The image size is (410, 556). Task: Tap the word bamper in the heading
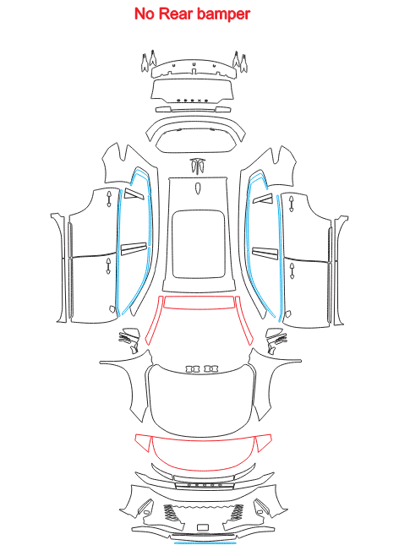[x=223, y=14]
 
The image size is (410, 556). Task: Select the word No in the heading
[x=145, y=14]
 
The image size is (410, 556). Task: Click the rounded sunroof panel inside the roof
[x=199, y=245]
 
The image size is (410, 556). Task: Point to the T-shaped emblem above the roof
[x=199, y=166]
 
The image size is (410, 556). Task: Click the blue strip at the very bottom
[x=205, y=542]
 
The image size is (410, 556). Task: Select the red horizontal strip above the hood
[x=199, y=302]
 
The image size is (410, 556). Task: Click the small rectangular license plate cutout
[x=203, y=527]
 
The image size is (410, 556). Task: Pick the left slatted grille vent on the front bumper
[x=170, y=513]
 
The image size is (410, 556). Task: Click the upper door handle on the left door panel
[x=109, y=199]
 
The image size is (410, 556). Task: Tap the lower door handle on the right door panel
[x=292, y=271]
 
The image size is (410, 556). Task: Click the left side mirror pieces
[x=128, y=340]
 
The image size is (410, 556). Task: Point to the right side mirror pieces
[x=276, y=341]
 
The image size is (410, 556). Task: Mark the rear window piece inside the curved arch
[x=196, y=140]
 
